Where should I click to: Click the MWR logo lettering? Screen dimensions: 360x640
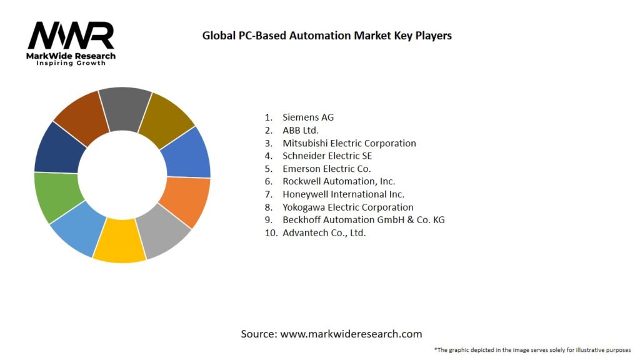point(71,36)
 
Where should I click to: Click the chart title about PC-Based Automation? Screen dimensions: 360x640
point(327,36)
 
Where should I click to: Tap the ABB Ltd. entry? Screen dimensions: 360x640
point(300,130)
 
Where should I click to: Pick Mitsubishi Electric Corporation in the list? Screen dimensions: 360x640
point(349,143)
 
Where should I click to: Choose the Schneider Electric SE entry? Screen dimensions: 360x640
point(327,156)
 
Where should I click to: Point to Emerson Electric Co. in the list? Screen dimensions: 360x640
point(326,169)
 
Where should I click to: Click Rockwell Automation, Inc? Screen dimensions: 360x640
point(339,181)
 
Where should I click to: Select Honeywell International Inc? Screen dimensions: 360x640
point(343,194)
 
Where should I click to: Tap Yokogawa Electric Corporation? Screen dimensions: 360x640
point(347,207)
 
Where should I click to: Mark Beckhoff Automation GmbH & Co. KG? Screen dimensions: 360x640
point(363,220)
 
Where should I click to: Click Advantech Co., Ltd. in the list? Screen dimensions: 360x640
point(324,232)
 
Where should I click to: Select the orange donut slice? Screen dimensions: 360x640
point(186,201)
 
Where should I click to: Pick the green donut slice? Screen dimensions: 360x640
point(57,196)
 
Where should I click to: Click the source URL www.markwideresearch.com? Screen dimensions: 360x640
point(351,334)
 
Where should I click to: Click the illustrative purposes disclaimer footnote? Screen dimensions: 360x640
point(532,350)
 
